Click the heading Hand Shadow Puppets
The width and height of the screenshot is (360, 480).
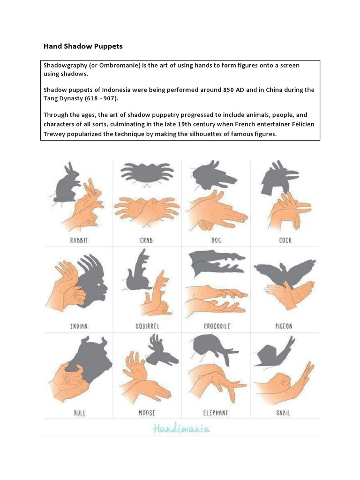coord(83,46)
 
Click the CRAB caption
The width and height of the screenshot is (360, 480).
coord(146,240)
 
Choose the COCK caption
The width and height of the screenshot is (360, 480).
coord(285,240)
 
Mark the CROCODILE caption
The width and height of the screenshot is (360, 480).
coord(217,326)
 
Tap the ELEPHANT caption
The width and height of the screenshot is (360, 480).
coord(216,413)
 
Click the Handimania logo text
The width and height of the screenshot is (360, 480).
coord(181,428)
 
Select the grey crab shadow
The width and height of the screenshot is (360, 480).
coord(146,173)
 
